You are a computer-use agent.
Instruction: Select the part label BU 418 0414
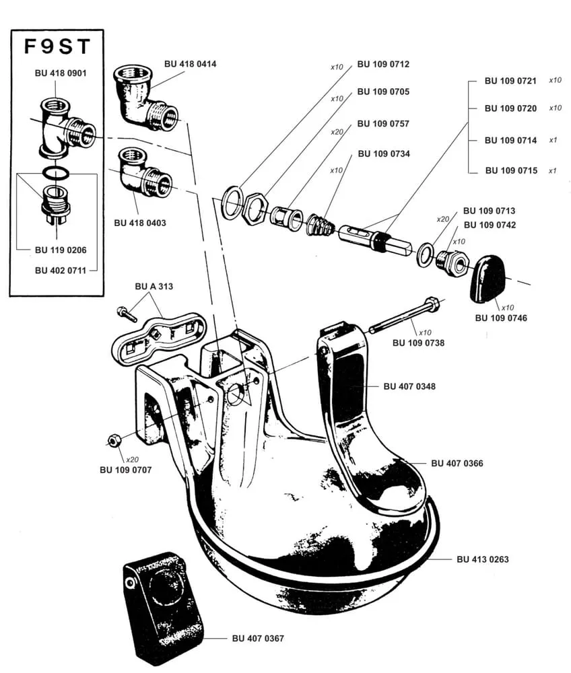click(x=191, y=64)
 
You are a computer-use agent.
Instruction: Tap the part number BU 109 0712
click(x=383, y=65)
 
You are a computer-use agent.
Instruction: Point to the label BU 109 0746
click(x=501, y=318)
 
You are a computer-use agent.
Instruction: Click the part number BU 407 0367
click(x=258, y=638)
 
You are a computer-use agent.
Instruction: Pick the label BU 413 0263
click(x=482, y=559)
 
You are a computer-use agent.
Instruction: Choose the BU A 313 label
click(x=154, y=286)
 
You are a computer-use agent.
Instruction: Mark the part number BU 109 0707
click(x=125, y=469)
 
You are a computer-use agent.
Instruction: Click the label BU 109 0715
click(x=511, y=170)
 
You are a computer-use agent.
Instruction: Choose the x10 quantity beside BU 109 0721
click(x=555, y=80)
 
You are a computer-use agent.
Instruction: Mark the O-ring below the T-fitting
click(x=55, y=173)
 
